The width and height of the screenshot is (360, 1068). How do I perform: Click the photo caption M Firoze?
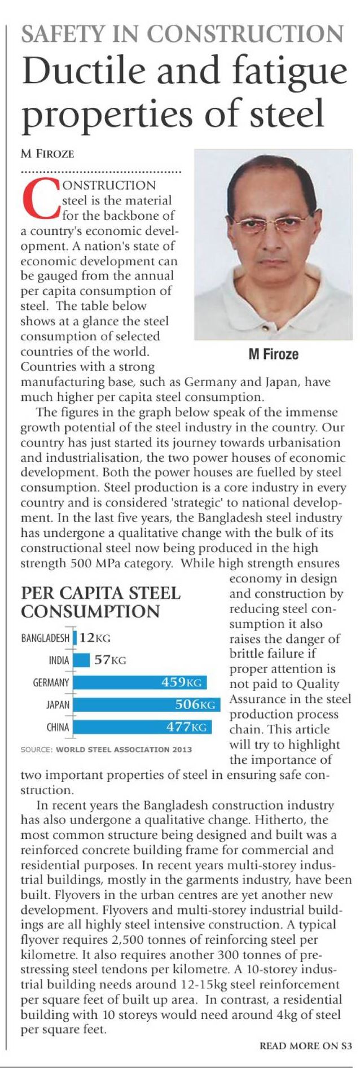tap(274, 354)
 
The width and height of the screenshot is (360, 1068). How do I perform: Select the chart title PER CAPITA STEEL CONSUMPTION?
tap(100, 602)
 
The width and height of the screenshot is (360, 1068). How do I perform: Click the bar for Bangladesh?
tap(74, 638)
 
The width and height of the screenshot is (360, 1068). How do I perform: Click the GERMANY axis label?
tap(51, 682)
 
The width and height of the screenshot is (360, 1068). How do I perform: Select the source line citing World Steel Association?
tap(106, 750)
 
